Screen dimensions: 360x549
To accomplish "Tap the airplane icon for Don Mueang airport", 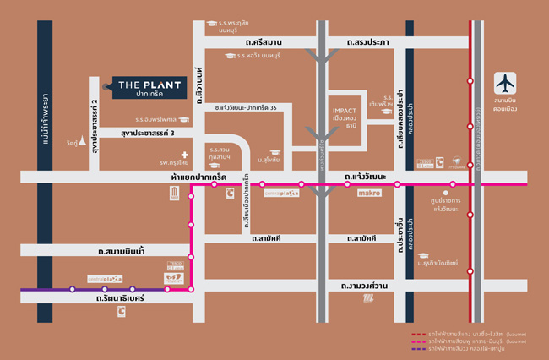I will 505,85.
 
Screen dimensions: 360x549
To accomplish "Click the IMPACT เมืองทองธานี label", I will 347,117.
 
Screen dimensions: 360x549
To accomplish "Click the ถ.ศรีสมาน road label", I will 263,42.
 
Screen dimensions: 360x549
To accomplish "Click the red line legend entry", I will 478,333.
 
